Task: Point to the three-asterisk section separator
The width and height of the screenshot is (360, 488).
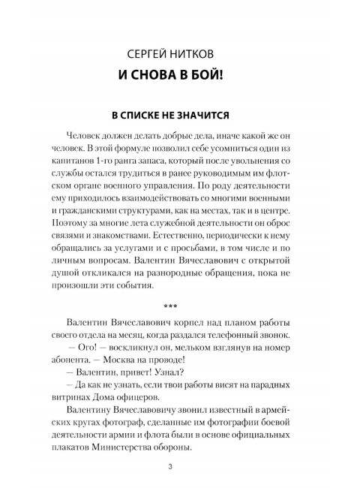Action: point(180,306)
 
